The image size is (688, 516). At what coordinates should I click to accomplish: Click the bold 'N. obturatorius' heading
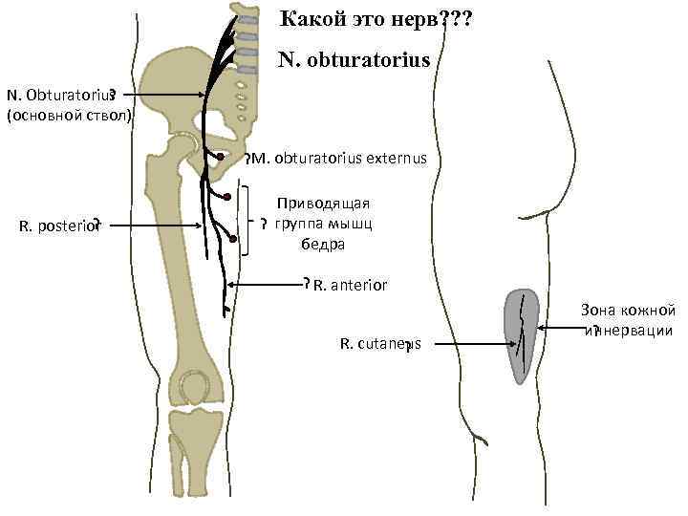(355, 61)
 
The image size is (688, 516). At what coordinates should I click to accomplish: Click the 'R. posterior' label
(58, 226)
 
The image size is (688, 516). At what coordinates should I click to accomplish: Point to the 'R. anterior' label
(349, 284)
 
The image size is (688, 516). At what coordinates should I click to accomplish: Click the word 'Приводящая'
(322, 204)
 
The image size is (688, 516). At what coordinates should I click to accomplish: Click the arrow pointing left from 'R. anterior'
(268, 285)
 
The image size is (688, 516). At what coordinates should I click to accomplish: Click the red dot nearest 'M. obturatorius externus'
(221, 157)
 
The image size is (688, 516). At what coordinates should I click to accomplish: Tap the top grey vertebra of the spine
(247, 20)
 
